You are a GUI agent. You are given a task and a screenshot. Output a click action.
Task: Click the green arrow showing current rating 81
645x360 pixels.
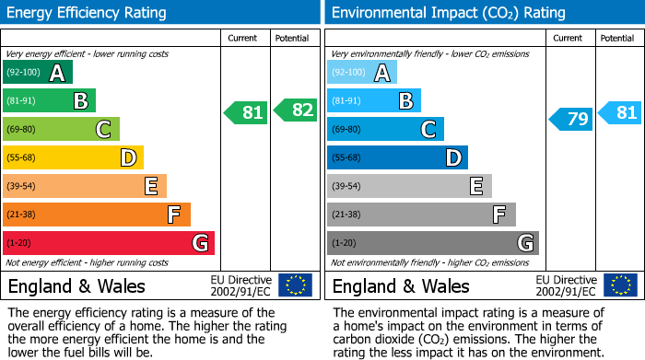(x=246, y=113)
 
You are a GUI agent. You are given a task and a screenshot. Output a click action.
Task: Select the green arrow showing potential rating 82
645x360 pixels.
(x=296, y=110)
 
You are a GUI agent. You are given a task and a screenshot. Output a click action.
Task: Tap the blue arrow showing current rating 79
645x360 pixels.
(x=571, y=119)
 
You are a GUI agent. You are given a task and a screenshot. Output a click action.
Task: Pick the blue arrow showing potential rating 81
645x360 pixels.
(x=620, y=113)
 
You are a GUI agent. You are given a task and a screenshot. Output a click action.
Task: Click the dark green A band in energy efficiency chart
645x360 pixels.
(x=38, y=72)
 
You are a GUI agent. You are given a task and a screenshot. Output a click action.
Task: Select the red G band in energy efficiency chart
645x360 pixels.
(x=109, y=243)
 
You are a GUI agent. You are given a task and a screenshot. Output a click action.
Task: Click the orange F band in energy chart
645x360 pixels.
(x=97, y=215)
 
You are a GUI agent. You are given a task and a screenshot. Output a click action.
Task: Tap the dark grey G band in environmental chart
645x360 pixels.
(x=432, y=243)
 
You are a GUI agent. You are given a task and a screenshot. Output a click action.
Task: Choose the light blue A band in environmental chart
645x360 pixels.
(x=362, y=72)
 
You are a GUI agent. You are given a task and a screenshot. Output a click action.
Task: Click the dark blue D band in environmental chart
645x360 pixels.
(x=397, y=157)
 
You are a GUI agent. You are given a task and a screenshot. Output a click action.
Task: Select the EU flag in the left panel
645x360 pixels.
(x=295, y=285)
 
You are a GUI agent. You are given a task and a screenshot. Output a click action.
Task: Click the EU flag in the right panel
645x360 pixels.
(x=620, y=285)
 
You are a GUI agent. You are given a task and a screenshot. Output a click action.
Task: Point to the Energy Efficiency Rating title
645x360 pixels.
(x=88, y=13)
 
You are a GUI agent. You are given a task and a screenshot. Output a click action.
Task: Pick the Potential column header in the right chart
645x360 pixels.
(x=617, y=38)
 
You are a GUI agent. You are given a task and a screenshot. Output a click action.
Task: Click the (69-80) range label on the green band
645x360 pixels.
(x=21, y=129)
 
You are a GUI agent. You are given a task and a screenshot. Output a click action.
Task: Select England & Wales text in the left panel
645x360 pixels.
(x=76, y=286)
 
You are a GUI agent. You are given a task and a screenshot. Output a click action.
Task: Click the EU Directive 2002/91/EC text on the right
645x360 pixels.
(x=566, y=285)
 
